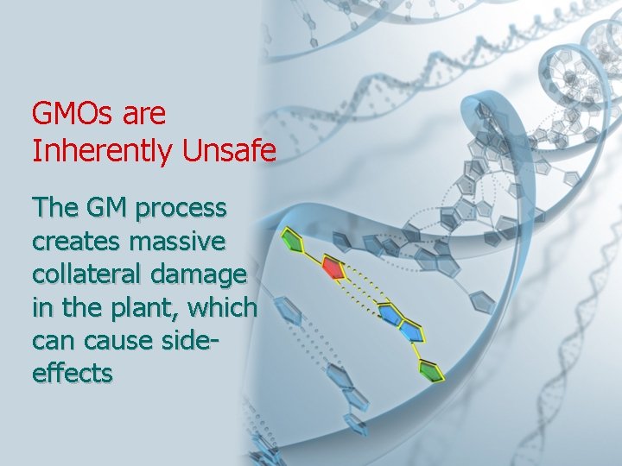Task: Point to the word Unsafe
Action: (229, 152)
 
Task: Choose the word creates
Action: (73, 242)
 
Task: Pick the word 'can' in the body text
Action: (53, 341)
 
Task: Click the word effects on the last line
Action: (72, 373)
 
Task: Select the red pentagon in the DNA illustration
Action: (333, 268)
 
